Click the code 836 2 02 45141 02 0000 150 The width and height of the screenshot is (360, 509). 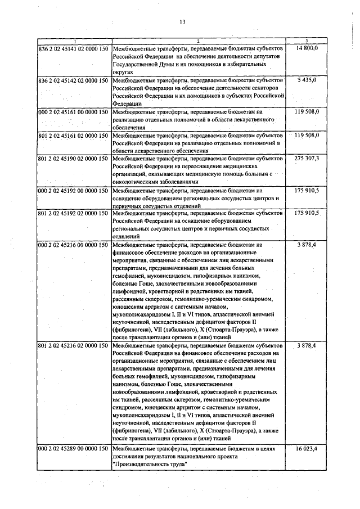coord(73,49)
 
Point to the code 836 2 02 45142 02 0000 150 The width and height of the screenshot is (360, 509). coord(73,81)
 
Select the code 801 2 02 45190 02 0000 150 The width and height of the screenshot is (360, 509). coord(73,159)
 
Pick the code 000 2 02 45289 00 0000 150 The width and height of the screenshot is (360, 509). coord(73,450)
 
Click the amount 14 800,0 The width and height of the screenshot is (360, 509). coord(307,49)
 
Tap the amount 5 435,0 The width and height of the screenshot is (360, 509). coord(307,81)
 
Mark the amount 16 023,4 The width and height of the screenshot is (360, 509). coord(307,450)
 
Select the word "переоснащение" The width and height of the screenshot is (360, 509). coord(182,167)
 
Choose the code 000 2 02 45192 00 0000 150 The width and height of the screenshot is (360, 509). coord(73,191)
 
